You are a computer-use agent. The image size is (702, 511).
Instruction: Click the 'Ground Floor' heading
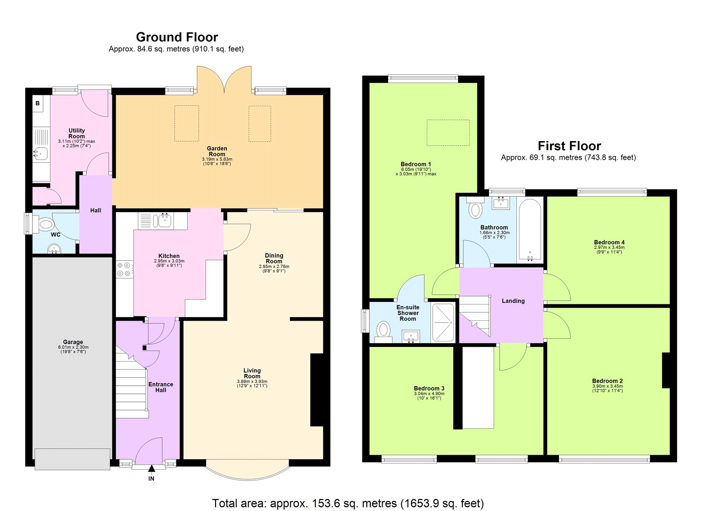point(177,37)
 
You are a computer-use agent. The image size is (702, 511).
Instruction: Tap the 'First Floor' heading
point(569,145)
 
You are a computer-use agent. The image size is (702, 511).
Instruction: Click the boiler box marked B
point(38,104)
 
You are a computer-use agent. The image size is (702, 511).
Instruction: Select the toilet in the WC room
point(45,225)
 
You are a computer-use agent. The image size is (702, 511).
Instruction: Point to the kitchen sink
point(165,221)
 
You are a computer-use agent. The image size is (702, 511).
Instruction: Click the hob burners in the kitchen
point(125,269)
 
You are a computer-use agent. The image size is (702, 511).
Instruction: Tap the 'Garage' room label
point(73,342)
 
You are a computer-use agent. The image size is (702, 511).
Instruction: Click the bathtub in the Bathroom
point(530,230)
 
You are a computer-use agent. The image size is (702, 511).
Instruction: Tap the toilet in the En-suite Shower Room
point(384,329)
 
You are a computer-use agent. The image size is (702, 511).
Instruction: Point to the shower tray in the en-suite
point(444,323)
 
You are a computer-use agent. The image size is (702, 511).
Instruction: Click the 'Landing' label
point(513,301)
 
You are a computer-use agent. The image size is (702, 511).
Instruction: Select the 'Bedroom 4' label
point(609,242)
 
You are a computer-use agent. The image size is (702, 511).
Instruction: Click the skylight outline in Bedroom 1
point(448,133)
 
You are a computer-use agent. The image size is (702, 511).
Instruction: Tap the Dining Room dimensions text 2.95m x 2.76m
point(274,266)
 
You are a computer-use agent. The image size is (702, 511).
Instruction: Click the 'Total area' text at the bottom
point(348,503)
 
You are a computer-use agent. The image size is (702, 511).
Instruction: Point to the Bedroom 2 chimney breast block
point(666,370)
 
